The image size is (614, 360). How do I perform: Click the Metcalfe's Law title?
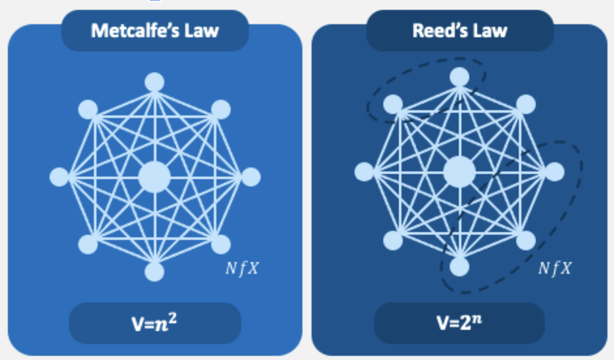155,30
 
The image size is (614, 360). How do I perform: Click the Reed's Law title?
459,30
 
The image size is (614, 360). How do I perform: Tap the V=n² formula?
155,322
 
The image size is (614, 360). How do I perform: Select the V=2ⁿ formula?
459,322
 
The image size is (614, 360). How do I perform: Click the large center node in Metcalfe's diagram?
155,177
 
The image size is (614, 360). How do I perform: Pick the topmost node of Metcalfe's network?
155,82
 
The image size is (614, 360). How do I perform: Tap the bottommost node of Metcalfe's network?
155,271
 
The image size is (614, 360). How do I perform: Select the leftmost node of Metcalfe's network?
59,177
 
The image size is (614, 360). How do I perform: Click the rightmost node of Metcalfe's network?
251,177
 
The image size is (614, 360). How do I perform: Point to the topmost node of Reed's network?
459,77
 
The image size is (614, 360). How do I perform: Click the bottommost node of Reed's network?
459,266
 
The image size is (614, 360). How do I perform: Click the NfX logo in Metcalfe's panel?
242,269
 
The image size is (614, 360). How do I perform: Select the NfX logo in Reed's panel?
554,269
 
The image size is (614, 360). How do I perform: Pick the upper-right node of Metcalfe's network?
221,109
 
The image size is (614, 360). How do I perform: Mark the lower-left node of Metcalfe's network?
88,244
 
